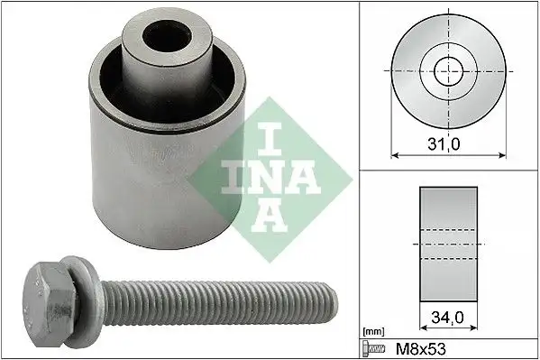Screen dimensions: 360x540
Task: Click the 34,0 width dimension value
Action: click(x=448, y=318)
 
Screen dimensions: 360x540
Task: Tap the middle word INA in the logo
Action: click(x=258, y=173)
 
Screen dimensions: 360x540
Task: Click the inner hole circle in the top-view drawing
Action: click(x=448, y=69)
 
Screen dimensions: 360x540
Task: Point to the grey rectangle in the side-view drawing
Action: click(x=448, y=244)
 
